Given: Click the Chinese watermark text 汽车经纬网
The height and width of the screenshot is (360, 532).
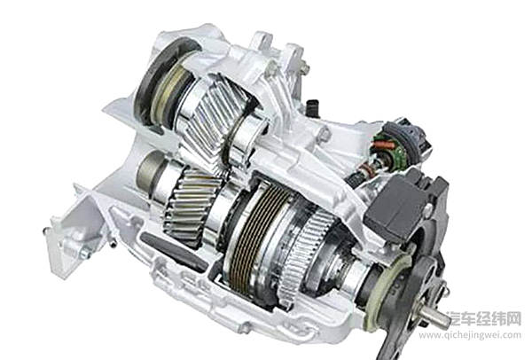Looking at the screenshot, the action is pos(483,318).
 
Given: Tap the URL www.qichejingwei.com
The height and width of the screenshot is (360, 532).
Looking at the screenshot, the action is pos(470,335).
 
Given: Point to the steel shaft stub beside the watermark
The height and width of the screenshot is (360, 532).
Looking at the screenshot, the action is pos(435,317).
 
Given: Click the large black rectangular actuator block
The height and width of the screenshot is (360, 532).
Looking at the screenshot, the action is pos(395,206).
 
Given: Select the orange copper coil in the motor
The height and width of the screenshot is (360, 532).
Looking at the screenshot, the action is pos(383,145).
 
